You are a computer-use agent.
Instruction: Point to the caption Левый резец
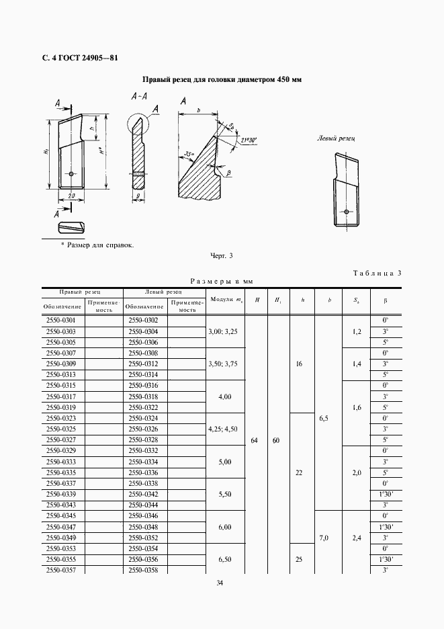[x=336, y=138]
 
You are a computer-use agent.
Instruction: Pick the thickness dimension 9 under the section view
[x=137, y=196]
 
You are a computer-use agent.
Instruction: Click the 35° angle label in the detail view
[x=188, y=155]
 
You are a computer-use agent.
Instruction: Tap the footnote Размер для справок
[x=97, y=245]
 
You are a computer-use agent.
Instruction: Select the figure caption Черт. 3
[x=222, y=256]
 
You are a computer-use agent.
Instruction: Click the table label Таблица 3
[x=376, y=273]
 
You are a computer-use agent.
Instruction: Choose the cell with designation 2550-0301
[x=60, y=321]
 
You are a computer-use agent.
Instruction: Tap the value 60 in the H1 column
[x=277, y=441]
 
